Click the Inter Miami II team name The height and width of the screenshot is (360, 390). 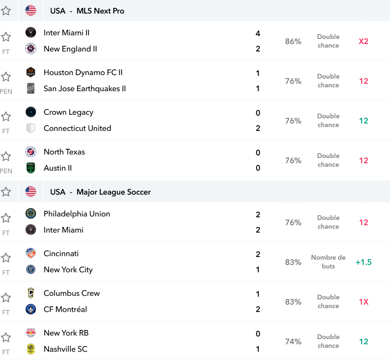pyautogui.click(x=66, y=33)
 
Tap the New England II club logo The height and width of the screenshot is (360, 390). pyautogui.click(x=31, y=48)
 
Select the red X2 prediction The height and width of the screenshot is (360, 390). pyautogui.click(x=363, y=41)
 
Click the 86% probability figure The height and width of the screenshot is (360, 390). pyautogui.click(x=293, y=41)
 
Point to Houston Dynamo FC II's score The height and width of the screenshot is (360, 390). pyautogui.click(x=258, y=73)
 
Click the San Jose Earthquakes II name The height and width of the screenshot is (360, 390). pyautogui.click(x=85, y=89)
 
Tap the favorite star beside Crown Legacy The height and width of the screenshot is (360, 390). pyautogui.click(x=6, y=117)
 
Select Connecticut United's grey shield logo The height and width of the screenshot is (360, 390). pyautogui.click(x=31, y=128)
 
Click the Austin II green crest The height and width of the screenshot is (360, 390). pyautogui.click(x=31, y=168)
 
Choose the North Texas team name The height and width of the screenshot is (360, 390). pyautogui.click(x=64, y=152)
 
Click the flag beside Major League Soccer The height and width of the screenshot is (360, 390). pyautogui.click(x=31, y=192)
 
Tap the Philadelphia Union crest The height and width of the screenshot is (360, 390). pyautogui.click(x=31, y=213)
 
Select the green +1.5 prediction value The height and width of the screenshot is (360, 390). pyautogui.click(x=363, y=262)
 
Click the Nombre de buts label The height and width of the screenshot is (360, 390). pyautogui.click(x=328, y=262)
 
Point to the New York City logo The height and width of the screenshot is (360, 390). pyautogui.click(x=31, y=269)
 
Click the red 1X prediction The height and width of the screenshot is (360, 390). pyautogui.click(x=363, y=302)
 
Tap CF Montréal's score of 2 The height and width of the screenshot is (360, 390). pyautogui.click(x=258, y=309)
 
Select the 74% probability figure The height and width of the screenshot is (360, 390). pyautogui.click(x=293, y=342)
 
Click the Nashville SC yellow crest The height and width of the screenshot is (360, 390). pyautogui.click(x=31, y=349)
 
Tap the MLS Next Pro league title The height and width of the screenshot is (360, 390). pyautogui.click(x=100, y=11)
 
